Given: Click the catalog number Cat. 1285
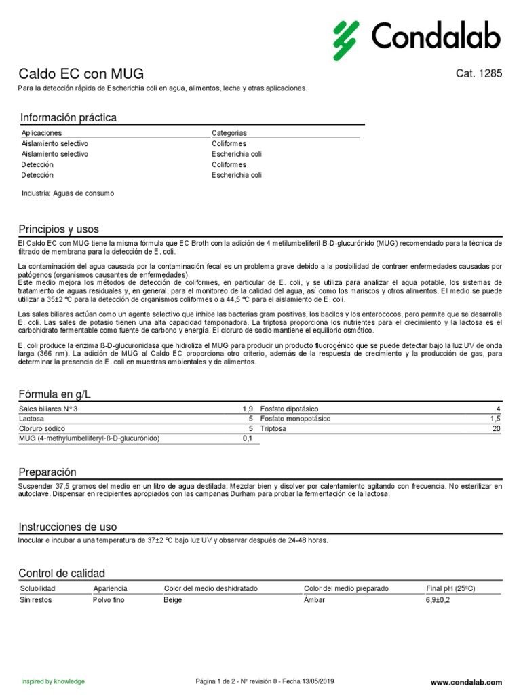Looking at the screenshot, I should [480, 74].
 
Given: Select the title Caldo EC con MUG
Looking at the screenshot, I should [81, 74].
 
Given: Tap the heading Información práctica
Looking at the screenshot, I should [69, 118].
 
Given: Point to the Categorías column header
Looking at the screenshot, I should [229, 133].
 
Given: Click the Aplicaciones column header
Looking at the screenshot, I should [41, 133].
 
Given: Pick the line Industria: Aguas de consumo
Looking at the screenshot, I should [68, 193].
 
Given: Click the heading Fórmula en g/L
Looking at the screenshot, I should [55, 394].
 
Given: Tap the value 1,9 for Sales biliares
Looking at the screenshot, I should [248, 409].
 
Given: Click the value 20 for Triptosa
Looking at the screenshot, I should [497, 429].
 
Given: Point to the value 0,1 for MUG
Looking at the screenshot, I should [248, 439].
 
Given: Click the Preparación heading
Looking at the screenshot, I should [47, 472].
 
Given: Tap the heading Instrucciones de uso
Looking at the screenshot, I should [68, 527].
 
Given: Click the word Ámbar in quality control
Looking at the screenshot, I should [315, 600].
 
